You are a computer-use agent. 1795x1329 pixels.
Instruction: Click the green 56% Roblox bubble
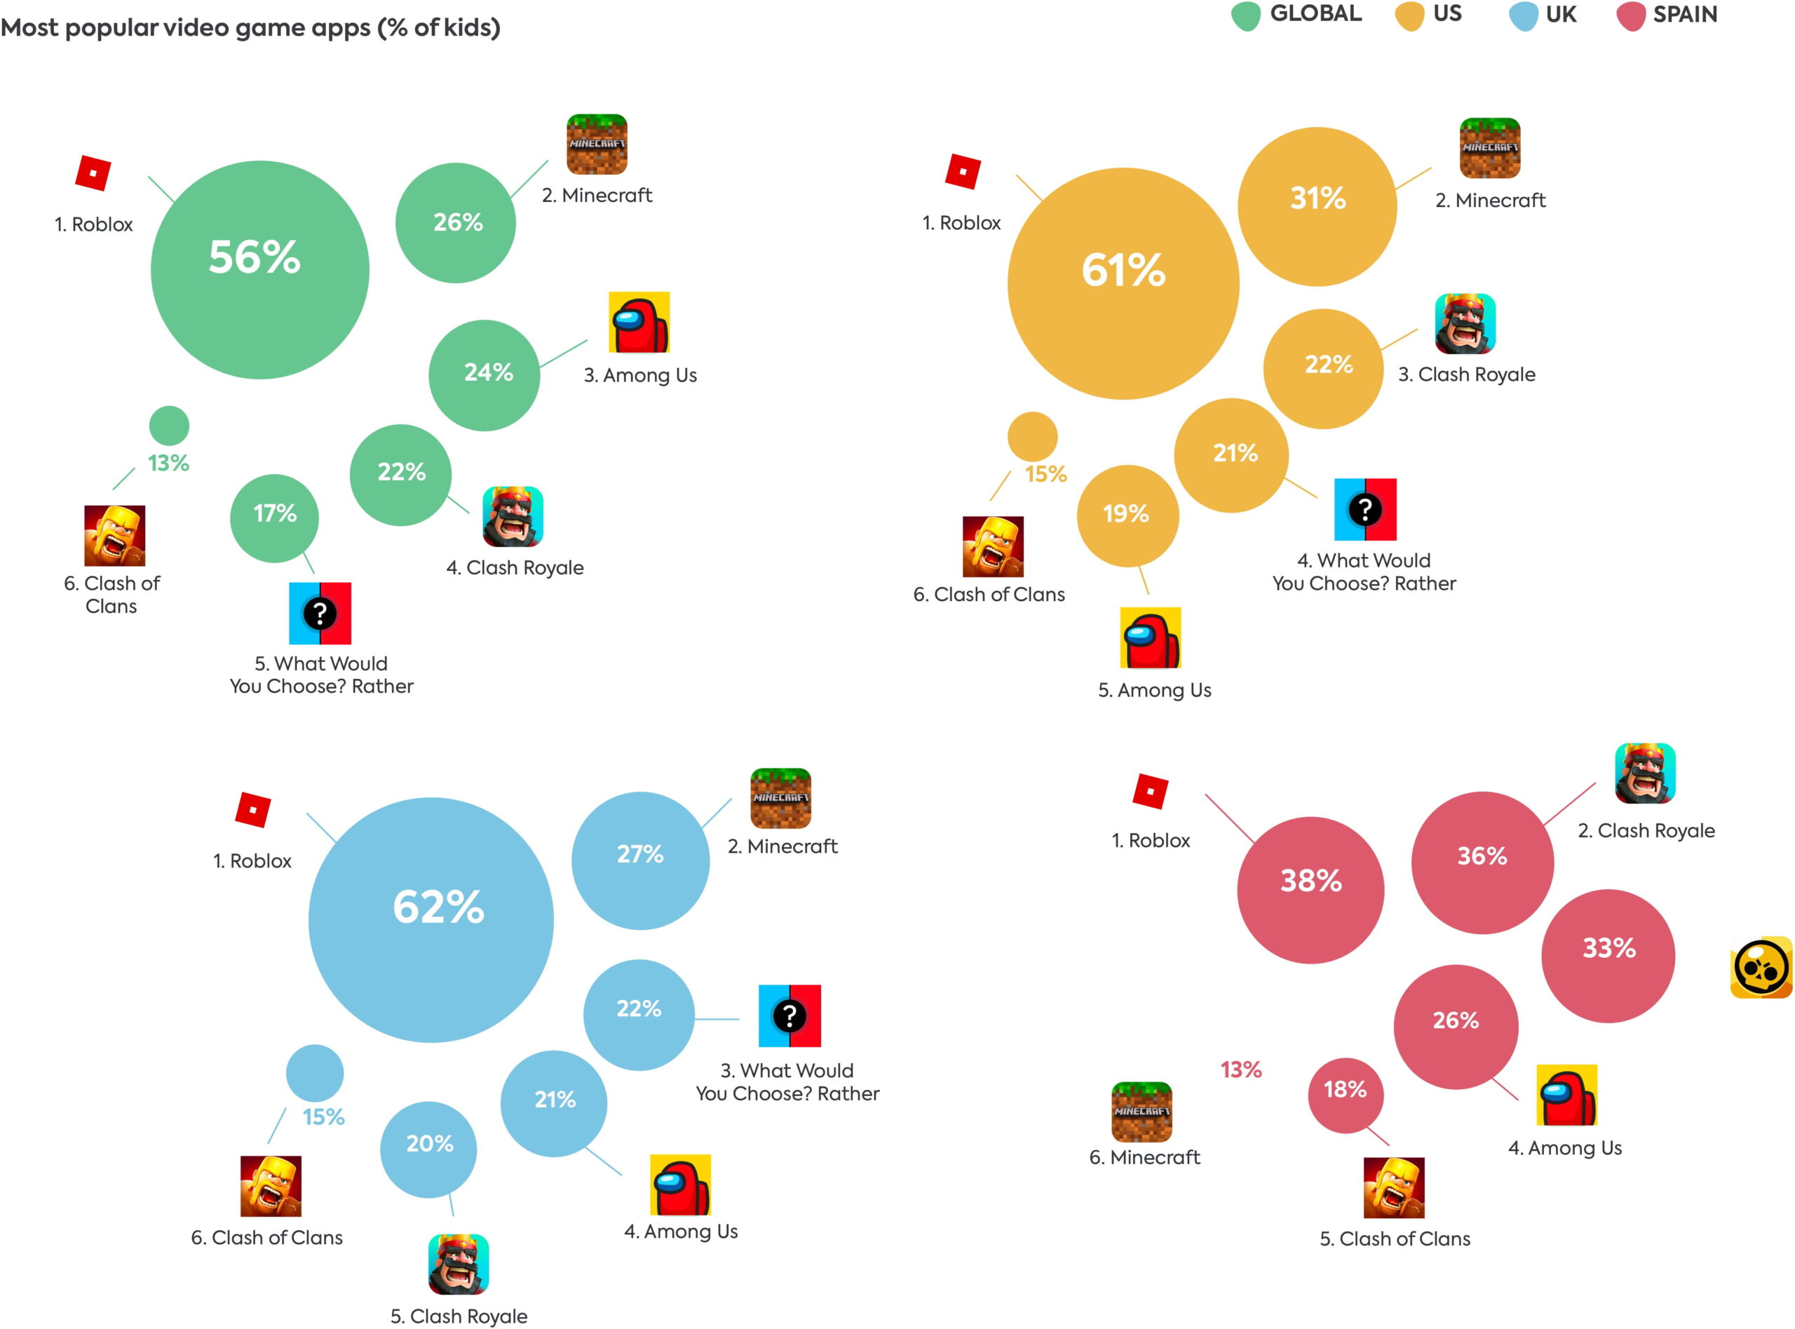coord(259,269)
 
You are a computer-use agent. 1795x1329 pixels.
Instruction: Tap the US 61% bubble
coord(1123,283)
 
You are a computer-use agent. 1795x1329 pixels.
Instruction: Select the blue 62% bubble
coord(431,919)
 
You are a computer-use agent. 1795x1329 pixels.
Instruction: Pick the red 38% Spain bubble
coord(1310,890)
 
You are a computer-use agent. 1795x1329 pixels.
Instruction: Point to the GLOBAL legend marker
coord(1246,16)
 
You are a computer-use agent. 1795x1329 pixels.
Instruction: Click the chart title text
coord(250,28)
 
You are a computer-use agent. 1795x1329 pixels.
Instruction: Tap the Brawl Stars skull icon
coord(1761,969)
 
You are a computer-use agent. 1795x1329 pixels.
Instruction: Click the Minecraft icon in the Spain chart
coord(1142,1112)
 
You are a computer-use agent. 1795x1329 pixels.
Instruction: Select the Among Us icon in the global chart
coord(639,322)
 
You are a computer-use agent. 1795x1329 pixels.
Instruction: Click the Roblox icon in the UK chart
coord(252,809)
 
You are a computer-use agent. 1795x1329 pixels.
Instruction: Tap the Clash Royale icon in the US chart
coord(1465,323)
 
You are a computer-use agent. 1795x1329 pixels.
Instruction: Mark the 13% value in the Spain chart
coord(1240,1070)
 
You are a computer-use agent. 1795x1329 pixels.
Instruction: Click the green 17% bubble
coord(274,518)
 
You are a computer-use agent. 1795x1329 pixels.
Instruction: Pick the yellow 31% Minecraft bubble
coord(1317,206)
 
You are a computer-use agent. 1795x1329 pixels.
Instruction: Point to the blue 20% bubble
coord(428,1149)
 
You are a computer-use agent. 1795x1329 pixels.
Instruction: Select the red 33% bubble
coord(1608,955)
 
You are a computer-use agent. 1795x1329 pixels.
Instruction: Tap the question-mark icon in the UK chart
coord(789,1016)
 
